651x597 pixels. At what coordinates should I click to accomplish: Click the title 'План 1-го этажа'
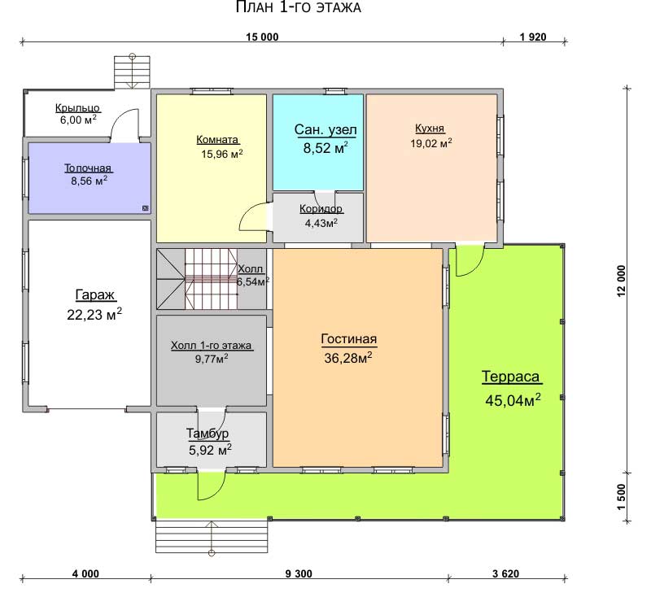point(298,7)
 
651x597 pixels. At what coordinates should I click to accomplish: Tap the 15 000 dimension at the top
point(262,37)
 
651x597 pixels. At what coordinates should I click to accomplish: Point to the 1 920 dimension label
point(533,37)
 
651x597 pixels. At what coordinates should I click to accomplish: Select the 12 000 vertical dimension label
point(621,281)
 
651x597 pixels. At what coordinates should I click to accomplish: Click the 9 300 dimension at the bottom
point(299,573)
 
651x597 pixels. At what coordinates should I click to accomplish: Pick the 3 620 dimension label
point(505,573)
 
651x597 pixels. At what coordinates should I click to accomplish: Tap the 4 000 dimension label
point(85,573)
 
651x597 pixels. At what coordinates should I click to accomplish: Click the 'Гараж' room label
point(94,295)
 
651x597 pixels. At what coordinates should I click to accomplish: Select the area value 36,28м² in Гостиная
point(348,358)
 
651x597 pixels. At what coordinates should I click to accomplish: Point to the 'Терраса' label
point(511,377)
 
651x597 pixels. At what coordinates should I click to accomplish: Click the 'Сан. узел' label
point(325,130)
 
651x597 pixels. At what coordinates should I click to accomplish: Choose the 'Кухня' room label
point(430,129)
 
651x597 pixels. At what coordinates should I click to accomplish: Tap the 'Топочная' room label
point(88,168)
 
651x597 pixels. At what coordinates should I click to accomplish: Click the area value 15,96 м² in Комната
point(222,154)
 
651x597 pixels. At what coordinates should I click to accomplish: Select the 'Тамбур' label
point(208,434)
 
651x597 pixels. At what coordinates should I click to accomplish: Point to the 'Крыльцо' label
point(77,108)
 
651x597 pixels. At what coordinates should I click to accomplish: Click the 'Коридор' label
point(321,209)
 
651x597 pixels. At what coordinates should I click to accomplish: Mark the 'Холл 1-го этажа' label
point(211,345)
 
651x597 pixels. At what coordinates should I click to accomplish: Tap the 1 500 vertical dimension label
point(621,497)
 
